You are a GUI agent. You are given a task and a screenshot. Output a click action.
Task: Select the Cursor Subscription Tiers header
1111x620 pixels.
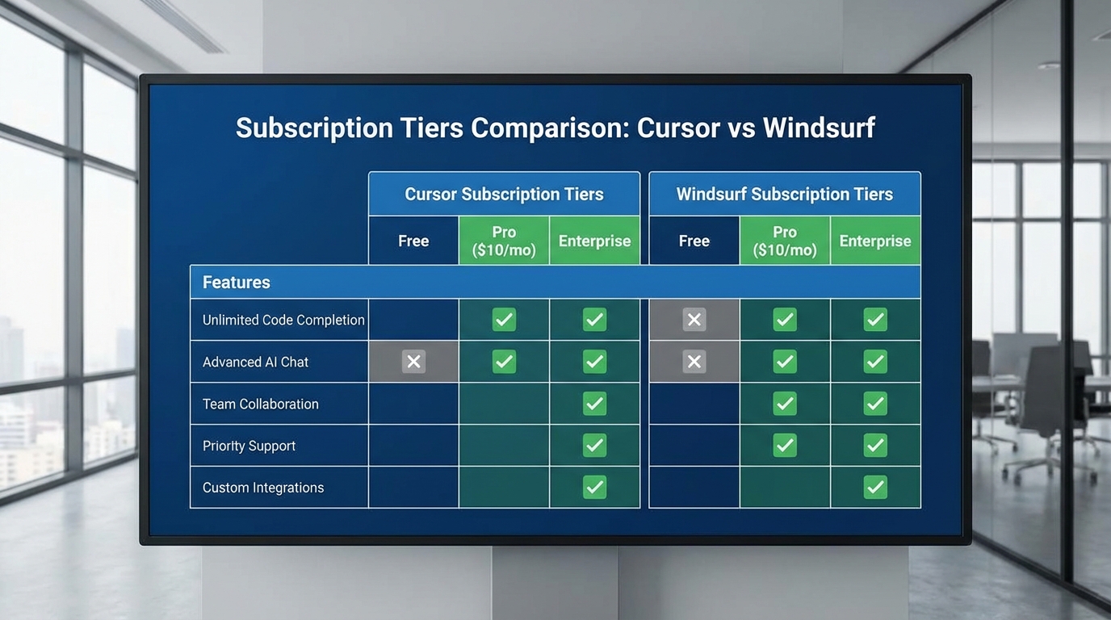pos(504,194)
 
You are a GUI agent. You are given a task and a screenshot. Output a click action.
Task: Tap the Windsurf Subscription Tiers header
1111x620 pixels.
pos(784,194)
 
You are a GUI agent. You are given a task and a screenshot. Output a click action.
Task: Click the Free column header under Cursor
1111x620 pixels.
pos(413,241)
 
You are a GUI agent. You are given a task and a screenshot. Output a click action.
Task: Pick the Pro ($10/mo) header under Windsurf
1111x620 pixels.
pos(784,241)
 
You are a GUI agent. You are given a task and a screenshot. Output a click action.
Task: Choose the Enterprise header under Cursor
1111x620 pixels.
pos(594,241)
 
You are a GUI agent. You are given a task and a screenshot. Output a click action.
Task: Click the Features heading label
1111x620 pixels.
pos(236,283)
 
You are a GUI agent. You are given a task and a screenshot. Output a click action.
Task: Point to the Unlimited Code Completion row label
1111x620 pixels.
pos(283,320)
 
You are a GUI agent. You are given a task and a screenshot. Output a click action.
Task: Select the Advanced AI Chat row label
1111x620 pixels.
pos(255,362)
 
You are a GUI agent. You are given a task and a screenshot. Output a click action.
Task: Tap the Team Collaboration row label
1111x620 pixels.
pos(260,404)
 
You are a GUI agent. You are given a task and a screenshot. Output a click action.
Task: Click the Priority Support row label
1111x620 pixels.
pos(249,446)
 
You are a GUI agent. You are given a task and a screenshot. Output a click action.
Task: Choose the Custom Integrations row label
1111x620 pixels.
pos(262,488)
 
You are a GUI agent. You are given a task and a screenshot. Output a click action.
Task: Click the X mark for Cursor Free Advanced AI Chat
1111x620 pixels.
pos(413,362)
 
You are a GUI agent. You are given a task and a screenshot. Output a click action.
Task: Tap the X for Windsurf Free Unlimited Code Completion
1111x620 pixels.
pos(694,320)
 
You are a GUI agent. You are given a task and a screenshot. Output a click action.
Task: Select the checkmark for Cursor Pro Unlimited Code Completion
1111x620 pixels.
pos(504,320)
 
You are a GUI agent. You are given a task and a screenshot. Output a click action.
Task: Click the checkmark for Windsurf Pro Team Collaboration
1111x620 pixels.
pos(784,404)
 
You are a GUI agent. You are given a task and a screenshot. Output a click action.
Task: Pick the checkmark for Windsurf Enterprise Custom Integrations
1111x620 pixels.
pos(875,488)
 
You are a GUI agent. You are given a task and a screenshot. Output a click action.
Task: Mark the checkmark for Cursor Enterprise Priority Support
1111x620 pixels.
pos(594,446)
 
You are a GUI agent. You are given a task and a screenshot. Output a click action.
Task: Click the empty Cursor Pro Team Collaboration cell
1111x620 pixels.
pos(504,404)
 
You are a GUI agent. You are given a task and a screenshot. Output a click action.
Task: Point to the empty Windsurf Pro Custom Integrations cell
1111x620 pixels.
pos(784,488)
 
